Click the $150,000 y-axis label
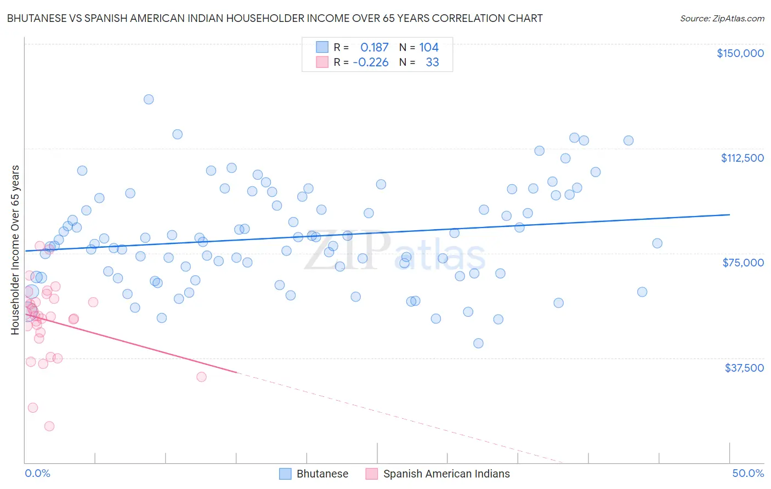[740, 53]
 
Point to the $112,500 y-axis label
[742, 158]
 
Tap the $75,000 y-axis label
[743, 263]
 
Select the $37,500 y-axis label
[744, 368]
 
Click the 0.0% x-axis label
[37, 473]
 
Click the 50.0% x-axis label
[748, 473]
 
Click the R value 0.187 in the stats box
[374, 48]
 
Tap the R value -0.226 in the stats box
[371, 62]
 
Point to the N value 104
[429, 48]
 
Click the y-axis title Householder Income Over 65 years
[15, 249]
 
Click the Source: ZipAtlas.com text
[722, 18]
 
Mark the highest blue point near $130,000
[149, 99]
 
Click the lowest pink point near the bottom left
[49, 426]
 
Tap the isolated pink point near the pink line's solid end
[201, 377]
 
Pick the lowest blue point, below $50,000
[478, 343]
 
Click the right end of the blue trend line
[729, 215]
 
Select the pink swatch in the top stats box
[322, 62]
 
